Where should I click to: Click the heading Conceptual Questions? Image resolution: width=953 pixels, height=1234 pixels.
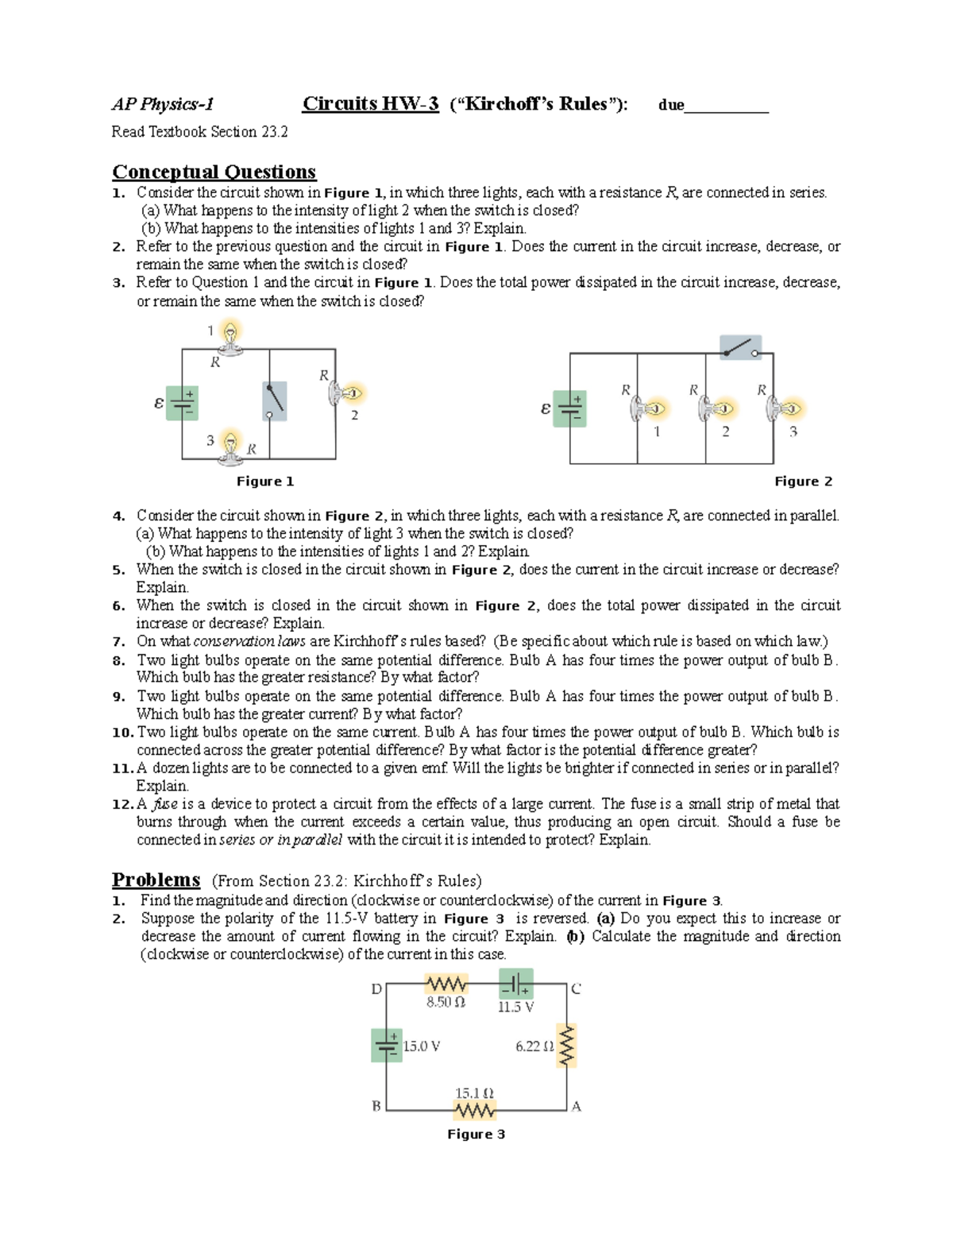[214, 172]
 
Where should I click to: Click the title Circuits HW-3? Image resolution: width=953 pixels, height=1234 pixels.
[370, 104]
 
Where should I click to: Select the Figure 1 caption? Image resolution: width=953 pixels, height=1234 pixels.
[265, 482]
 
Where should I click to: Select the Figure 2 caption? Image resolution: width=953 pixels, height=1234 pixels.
[803, 482]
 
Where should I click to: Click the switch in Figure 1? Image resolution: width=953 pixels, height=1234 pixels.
[274, 400]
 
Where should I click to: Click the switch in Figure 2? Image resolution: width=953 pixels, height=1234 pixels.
[740, 347]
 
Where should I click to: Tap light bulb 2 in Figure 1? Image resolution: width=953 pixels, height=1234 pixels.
[348, 393]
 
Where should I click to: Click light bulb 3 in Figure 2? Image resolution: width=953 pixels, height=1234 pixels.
[786, 408]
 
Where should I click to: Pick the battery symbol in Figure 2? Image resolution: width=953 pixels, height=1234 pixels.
[569, 408]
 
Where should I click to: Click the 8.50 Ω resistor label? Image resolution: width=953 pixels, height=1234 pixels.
[446, 1003]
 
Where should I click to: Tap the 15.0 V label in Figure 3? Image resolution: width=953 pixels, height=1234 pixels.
[421, 1046]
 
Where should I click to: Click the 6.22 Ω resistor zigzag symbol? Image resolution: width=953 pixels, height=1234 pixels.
[566, 1046]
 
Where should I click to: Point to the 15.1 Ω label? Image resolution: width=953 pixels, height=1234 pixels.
[474, 1093]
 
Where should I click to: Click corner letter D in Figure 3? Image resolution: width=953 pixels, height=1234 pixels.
[376, 989]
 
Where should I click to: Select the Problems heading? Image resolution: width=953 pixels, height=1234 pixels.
[156, 880]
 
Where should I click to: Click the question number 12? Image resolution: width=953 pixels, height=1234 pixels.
[122, 804]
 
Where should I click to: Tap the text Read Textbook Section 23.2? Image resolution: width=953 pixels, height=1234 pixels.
[199, 132]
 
